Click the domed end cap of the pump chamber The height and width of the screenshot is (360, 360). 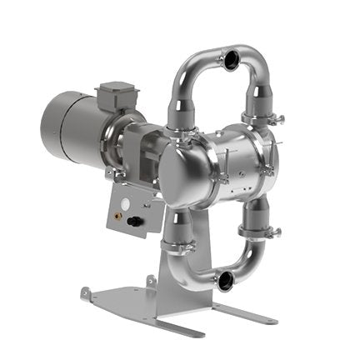point(183,172)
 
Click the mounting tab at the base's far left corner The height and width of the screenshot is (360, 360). point(87,292)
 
